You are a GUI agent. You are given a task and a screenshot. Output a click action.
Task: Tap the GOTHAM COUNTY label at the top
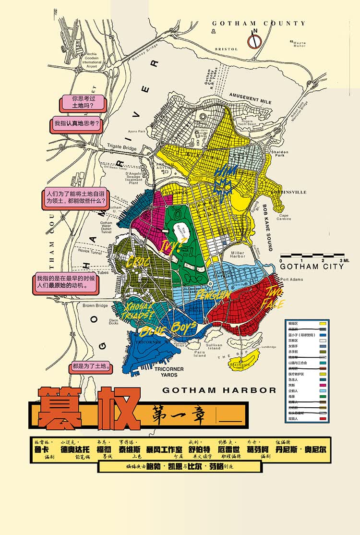click(x=258, y=23)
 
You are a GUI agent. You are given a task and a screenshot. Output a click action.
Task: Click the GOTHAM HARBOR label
click(x=219, y=390)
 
